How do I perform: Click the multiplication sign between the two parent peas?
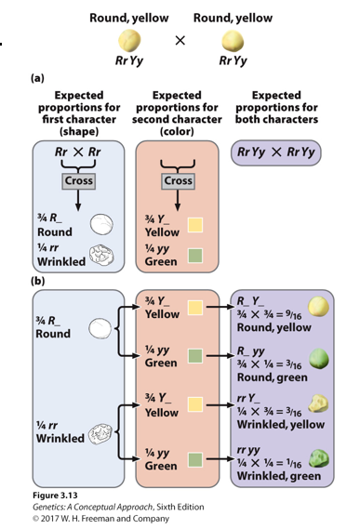(180, 40)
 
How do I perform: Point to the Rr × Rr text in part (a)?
(76, 152)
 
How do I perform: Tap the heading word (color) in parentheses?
(179, 131)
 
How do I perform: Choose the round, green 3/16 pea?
(319, 358)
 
